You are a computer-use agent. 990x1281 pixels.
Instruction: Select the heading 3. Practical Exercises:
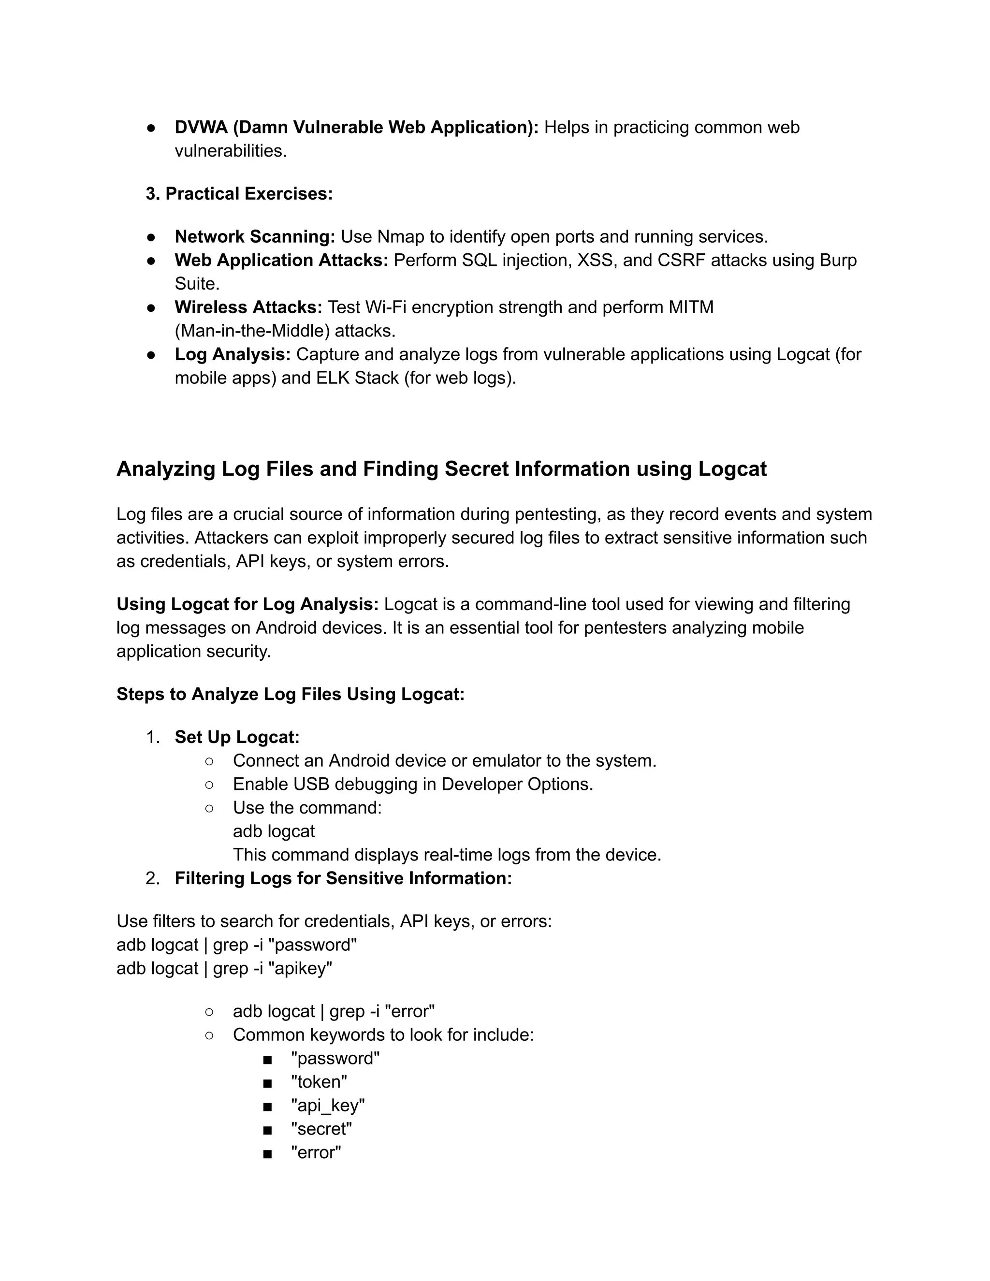(239, 193)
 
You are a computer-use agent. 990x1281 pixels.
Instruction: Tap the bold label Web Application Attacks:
(281, 260)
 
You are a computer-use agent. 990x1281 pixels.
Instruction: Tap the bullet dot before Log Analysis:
(151, 355)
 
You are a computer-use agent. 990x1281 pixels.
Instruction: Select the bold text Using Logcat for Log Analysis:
(247, 604)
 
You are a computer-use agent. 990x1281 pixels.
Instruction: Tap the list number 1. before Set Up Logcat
(152, 737)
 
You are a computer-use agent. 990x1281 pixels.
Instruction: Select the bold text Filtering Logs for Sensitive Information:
(343, 878)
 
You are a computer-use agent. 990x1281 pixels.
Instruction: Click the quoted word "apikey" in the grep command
(300, 968)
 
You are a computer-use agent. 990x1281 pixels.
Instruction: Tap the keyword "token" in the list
(319, 1082)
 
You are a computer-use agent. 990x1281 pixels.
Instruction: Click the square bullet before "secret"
(267, 1130)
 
